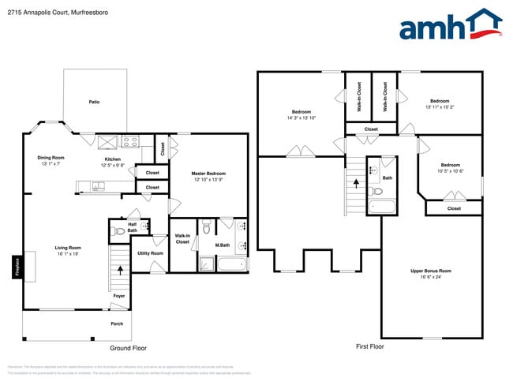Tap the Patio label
[94, 102]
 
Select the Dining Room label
[51, 158]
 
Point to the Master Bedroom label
[208, 174]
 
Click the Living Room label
[68, 248]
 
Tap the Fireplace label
[16, 266]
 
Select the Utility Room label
[150, 253]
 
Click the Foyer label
[119, 296]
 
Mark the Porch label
[116, 323]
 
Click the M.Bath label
[223, 245]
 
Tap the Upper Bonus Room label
[431, 271]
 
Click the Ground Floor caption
[128, 348]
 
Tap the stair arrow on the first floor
[355, 184]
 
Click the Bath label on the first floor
[387, 178]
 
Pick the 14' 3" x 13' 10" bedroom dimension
[301, 118]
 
